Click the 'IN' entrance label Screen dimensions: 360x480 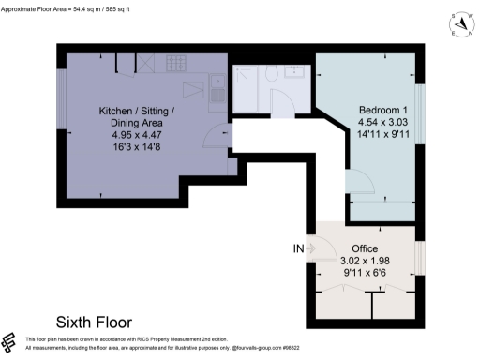pos(299,248)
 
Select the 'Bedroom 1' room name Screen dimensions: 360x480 pos(381,111)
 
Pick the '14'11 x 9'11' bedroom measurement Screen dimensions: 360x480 pos(381,135)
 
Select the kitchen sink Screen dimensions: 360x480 pos(217,93)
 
